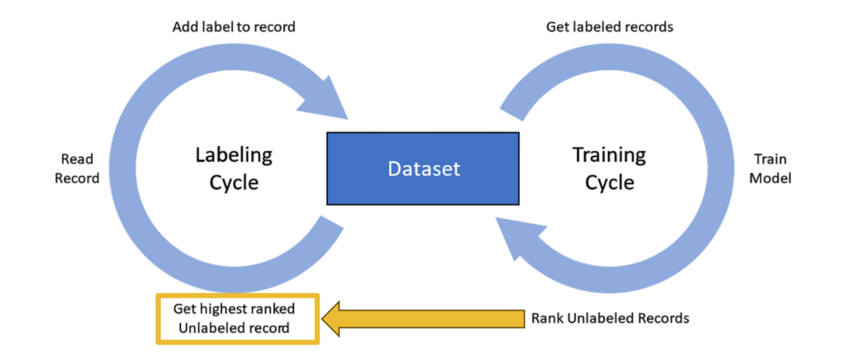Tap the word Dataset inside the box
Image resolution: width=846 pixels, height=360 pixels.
coord(423,168)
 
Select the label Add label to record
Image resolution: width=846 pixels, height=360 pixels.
coord(234,27)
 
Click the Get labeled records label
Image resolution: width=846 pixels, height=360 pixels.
coord(610,27)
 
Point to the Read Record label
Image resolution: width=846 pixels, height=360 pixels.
coord(77,168)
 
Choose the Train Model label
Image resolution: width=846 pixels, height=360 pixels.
coord(773,168)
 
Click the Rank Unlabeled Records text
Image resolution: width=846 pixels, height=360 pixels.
coord(611,318)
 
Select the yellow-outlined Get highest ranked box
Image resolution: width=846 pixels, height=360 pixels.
coord(235,318)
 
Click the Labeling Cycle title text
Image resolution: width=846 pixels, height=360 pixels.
coord(233,168)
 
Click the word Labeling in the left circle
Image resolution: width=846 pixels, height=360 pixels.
coord(234,155)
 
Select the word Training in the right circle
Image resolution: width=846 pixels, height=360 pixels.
coord(610,155)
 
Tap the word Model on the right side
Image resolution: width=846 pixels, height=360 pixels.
coord(773,178)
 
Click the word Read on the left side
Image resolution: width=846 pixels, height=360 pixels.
coord(77,158)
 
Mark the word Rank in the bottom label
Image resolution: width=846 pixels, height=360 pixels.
coord(548,318)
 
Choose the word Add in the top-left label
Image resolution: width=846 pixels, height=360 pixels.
coord(184,27)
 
